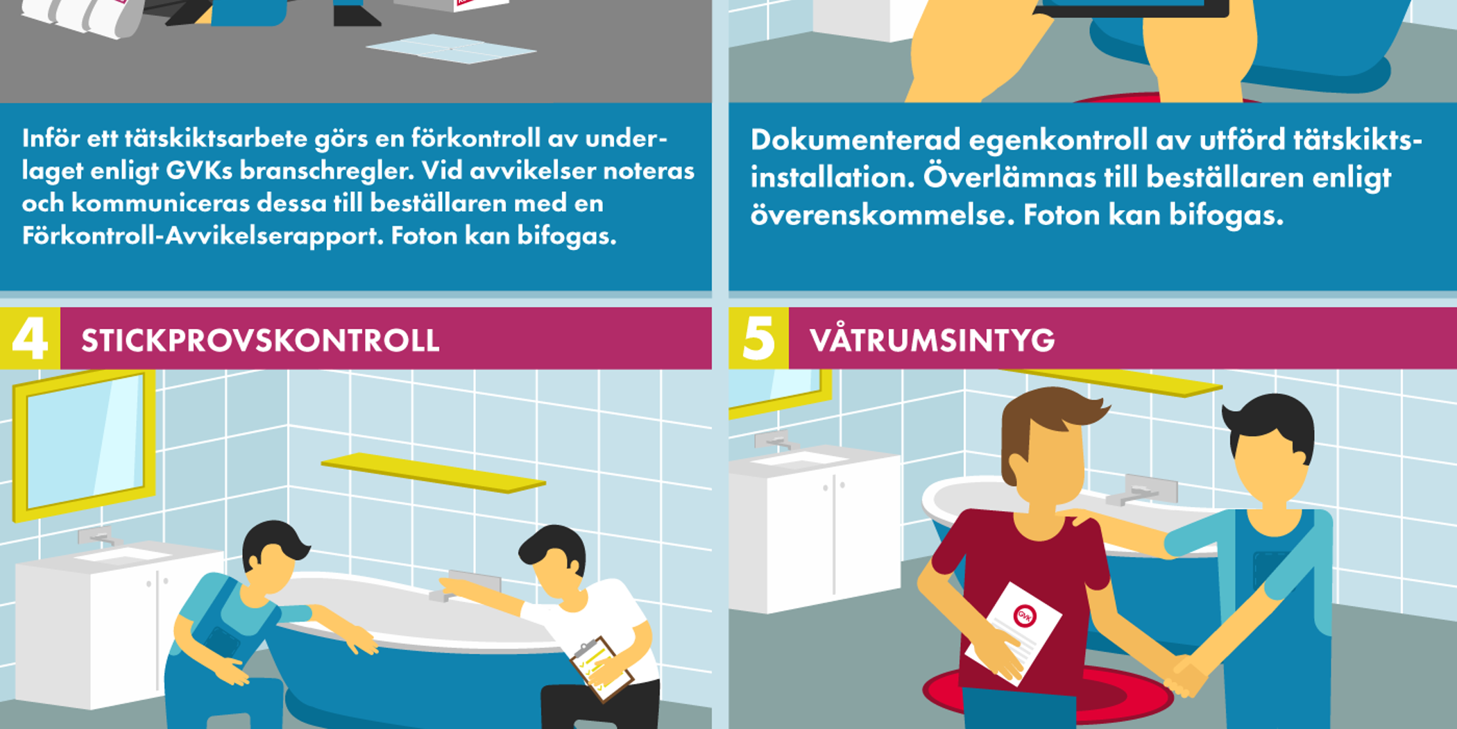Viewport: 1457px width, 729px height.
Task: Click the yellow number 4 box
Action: (30, 338)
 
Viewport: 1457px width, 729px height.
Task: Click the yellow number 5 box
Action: (758, 338)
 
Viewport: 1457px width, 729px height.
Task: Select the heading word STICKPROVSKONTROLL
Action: (260, 340)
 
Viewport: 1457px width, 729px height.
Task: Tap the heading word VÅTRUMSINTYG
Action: (932, 340)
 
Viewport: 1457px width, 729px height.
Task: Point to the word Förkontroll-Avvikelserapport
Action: (202, 236)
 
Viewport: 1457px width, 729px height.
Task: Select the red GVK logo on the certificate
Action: (1025, 615)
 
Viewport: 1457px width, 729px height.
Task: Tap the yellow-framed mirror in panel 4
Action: (83, 444)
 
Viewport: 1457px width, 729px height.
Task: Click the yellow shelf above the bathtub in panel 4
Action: (434, 472)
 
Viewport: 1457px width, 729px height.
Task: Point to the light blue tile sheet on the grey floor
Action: (451, 49)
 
